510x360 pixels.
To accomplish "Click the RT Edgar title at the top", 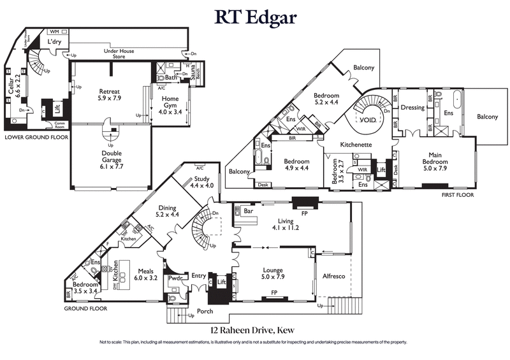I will point(255,17).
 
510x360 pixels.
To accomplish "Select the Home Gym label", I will point(170,103).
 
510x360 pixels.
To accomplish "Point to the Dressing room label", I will point(412,108).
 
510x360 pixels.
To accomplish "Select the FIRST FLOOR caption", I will point(458,195).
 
